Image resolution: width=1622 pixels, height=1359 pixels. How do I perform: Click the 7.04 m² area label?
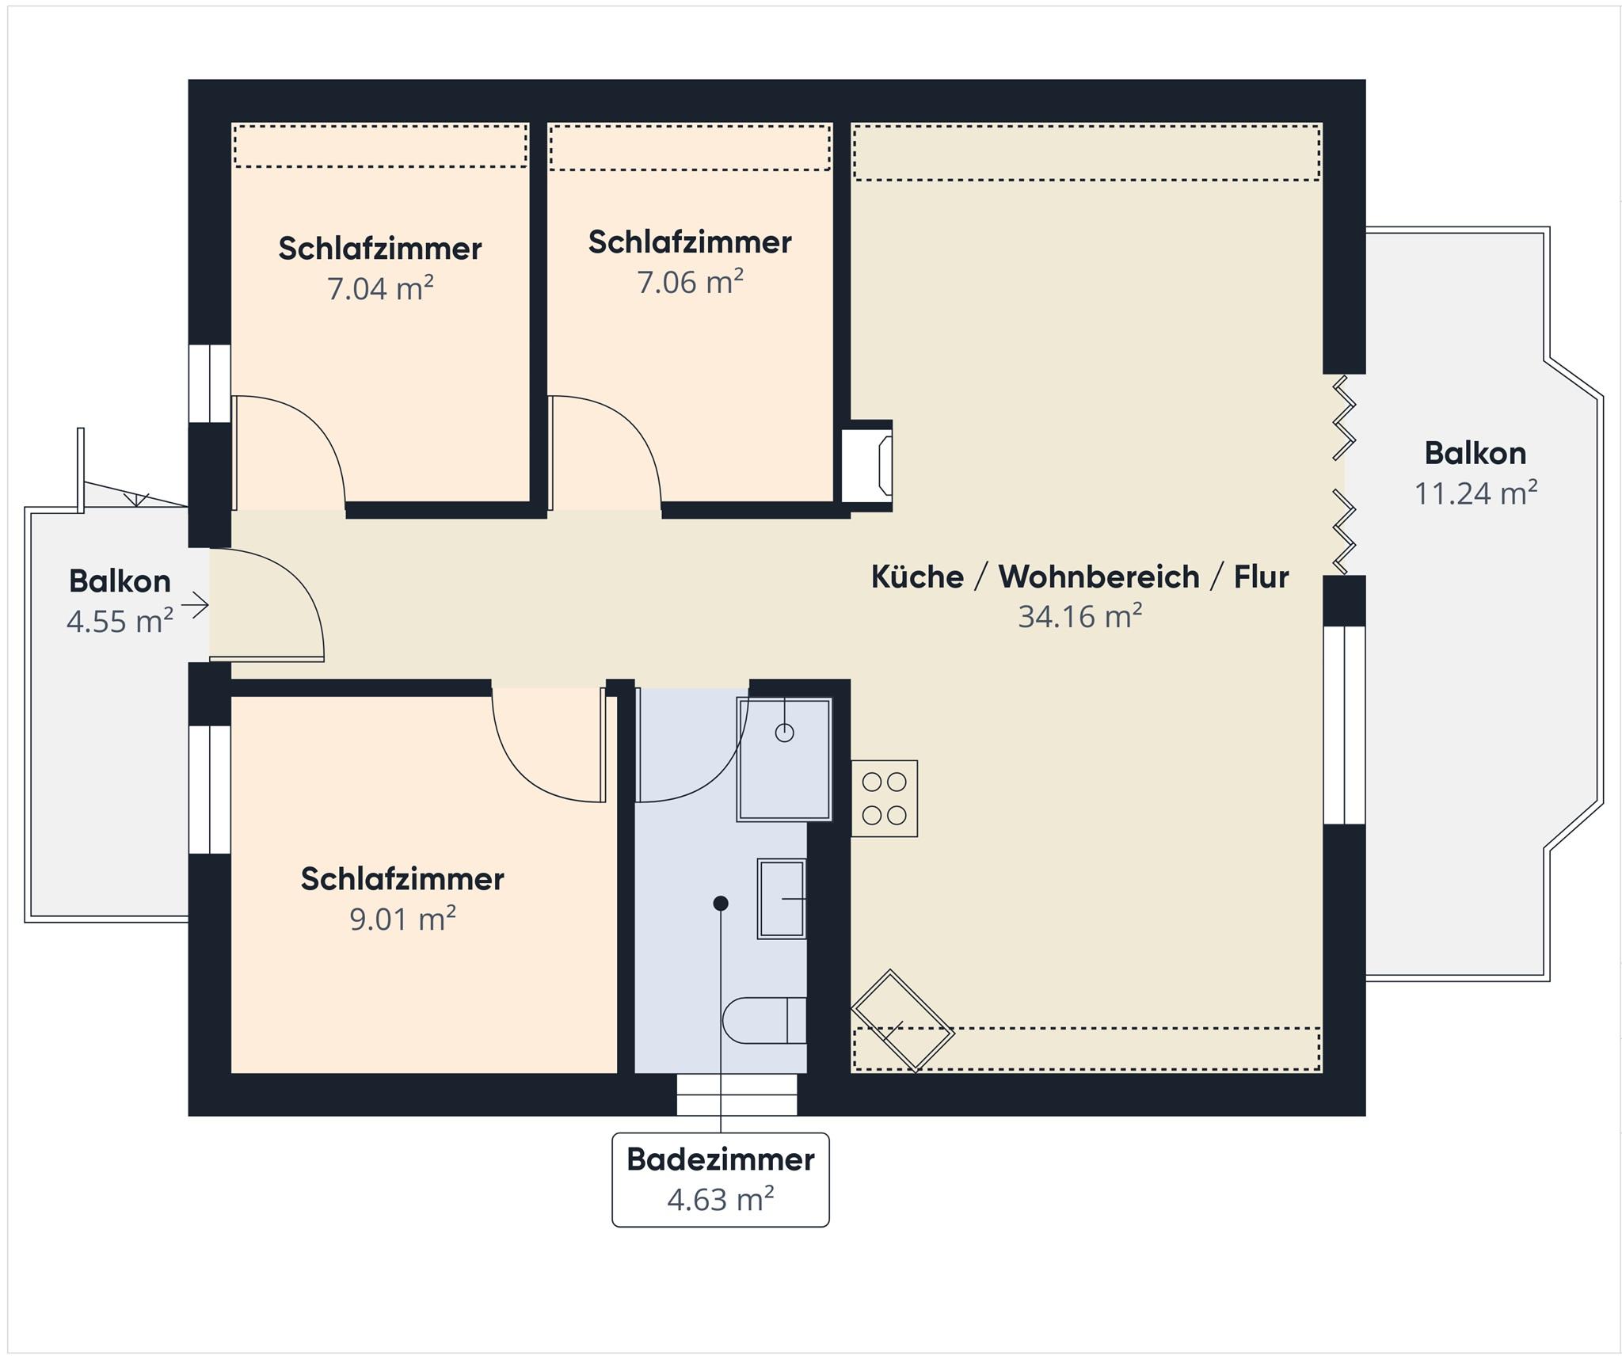point(380,289)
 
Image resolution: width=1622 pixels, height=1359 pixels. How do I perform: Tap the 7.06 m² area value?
point(691,282)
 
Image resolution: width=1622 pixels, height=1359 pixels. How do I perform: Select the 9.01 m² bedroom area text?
point(402,919)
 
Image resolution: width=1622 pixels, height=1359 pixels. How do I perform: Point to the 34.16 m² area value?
point(1080,616)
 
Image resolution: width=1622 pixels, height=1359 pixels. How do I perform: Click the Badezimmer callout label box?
point(721,1180)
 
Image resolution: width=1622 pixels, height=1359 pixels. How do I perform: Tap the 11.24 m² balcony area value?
point(1476,493)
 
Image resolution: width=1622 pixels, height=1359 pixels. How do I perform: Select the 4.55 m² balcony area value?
point(120,621)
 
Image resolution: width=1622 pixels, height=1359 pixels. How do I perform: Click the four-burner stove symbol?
point(885,798)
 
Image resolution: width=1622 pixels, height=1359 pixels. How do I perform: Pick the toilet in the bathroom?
point(764,1020)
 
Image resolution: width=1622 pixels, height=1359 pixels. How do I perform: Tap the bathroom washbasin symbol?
point(782,899)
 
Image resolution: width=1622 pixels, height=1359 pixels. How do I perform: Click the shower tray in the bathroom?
point(784,759)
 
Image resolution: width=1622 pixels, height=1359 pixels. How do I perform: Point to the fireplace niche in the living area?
point(866,466)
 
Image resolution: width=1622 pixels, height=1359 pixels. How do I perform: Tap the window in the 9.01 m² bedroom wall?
point(210,790)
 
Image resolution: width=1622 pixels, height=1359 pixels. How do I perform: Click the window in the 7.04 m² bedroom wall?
point(210,383)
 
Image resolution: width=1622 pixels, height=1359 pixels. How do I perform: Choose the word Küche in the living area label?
point(917,577)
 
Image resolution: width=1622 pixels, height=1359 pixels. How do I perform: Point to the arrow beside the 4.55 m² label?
point(195,606)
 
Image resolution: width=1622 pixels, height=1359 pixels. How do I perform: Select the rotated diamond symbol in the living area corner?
point(903,1022)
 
